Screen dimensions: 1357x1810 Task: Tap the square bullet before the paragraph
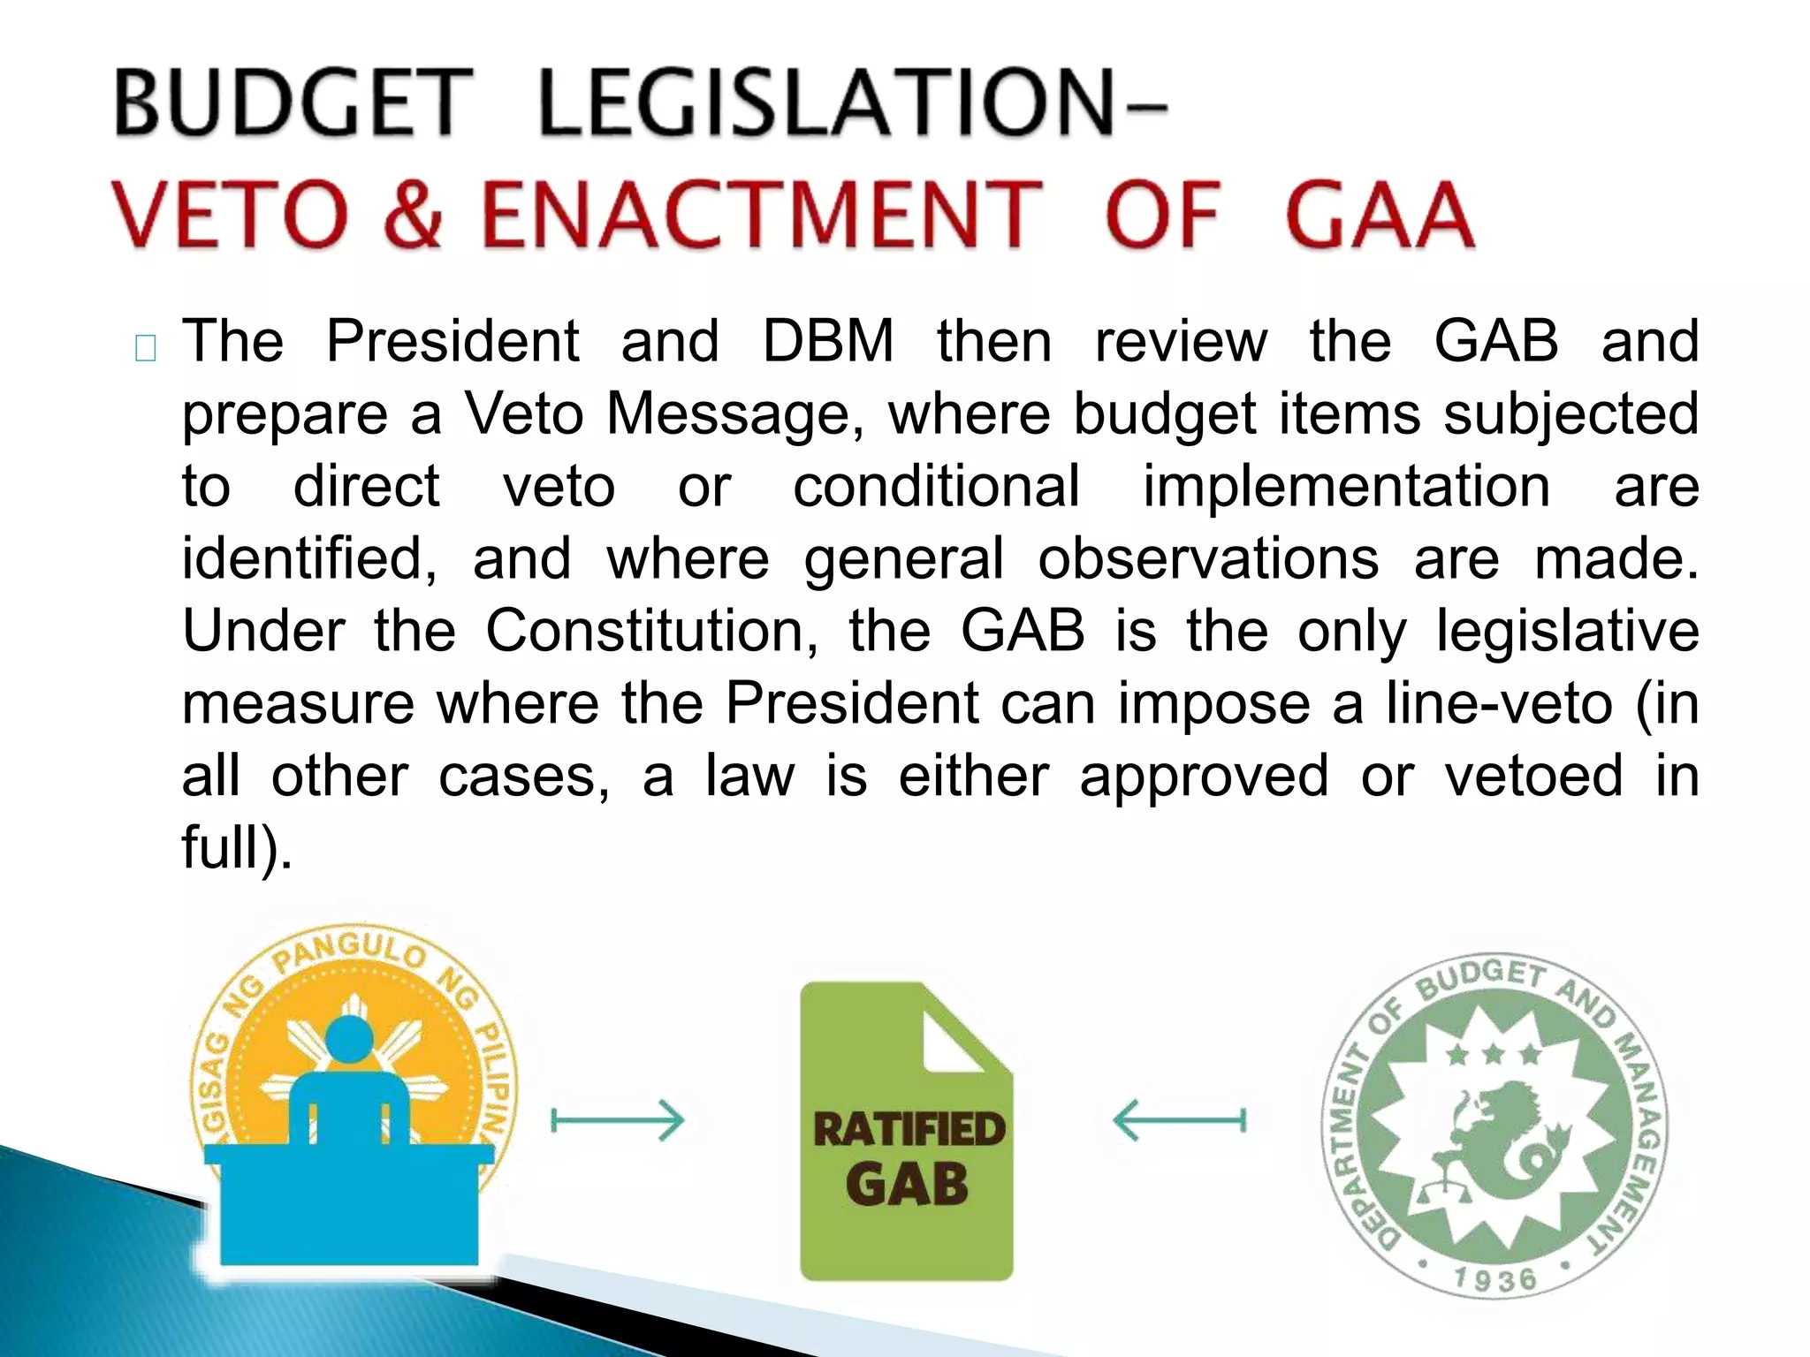point(146,348)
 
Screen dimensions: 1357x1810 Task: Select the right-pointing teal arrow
point(618,1121)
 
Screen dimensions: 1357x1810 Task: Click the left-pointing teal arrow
point(1179,1121)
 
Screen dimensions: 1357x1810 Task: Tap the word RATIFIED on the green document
point(909,1130)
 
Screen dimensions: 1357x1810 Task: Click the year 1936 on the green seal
point(1494,1278)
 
